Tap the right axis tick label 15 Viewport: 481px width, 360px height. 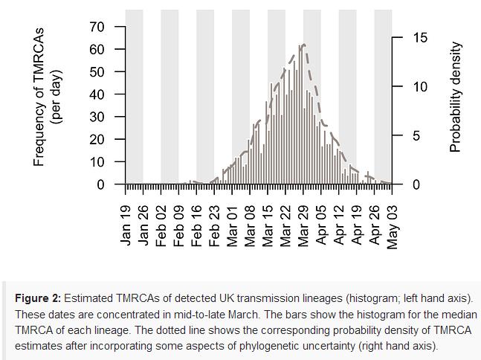point(400,38)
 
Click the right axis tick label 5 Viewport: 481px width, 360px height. point(400,136)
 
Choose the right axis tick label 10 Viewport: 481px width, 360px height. point(400,87)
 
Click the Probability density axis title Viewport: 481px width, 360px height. point(456,97)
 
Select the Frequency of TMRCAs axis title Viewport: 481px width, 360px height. point(40,97)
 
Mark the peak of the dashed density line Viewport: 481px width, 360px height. point(304,45)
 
